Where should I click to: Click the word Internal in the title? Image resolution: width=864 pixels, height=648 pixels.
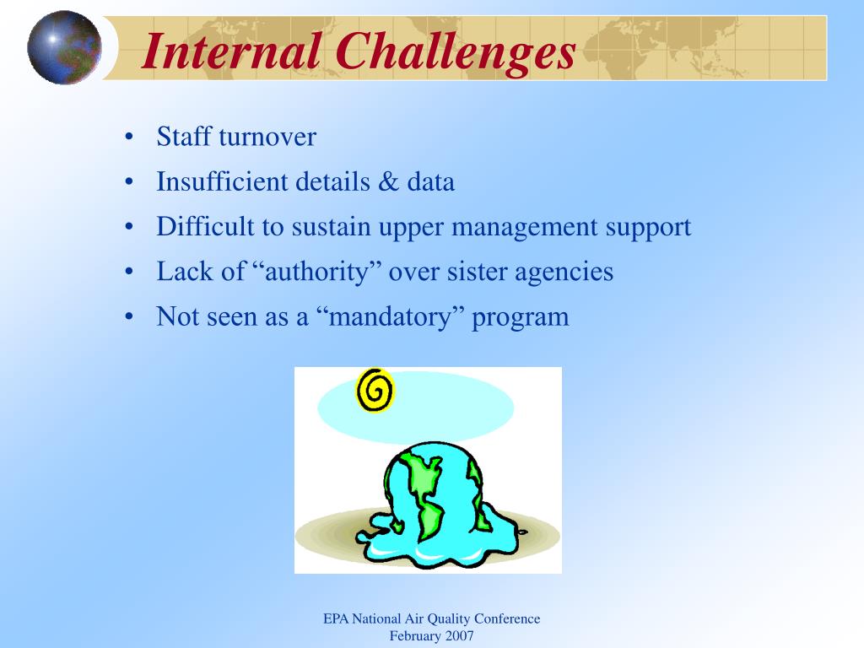tap(231, 51)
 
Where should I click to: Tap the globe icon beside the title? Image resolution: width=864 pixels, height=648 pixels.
tap(64, 47)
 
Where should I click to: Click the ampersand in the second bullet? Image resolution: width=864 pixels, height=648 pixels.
tap(388, 182)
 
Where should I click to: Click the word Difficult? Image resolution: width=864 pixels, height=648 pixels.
tap(201, 226)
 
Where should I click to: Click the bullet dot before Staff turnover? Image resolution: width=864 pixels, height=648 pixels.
tap(129, 137)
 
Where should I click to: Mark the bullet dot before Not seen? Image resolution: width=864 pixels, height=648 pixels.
tap(129, 317)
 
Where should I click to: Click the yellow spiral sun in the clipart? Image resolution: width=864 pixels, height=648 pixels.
tap(375, 390)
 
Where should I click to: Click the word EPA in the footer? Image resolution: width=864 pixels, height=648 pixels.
tap(336, 618)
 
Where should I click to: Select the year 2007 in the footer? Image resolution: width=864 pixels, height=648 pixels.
tap(460, 636)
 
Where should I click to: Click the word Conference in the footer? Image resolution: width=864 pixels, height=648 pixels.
tap(507, 618)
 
